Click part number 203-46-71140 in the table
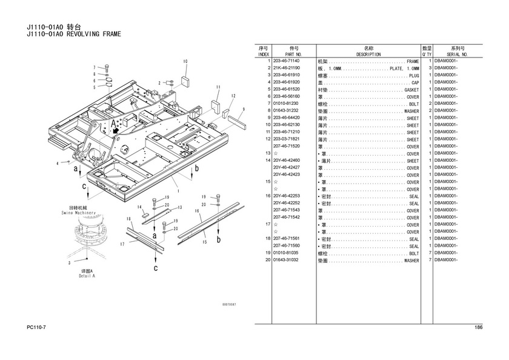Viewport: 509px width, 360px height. click(287, 61)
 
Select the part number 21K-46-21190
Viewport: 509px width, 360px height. click(287, 68)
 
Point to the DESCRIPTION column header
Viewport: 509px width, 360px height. click(368, 55)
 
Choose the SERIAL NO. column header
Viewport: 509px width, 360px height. click(457, 55)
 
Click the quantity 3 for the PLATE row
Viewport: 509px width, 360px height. click(429, 68)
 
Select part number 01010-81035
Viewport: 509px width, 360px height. click(287, 253)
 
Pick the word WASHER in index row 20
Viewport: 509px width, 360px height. click(411, 261)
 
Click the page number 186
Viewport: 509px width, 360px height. click(479, 328)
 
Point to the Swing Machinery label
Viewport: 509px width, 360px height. click(78, 213)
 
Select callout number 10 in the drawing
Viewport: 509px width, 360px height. click(185, 61)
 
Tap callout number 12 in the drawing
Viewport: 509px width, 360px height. click(233, 96)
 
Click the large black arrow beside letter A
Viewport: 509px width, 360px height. click(116, 130)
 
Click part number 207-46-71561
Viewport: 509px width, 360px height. click(287, 239)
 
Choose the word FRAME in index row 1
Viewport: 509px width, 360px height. click(413, 61)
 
